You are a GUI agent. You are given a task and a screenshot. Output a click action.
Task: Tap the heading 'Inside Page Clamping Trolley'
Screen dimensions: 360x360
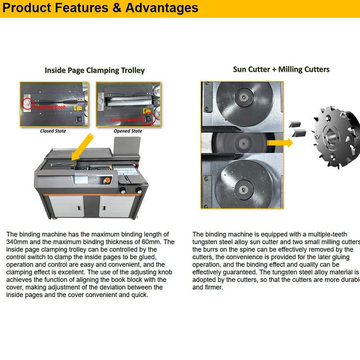point(95,70)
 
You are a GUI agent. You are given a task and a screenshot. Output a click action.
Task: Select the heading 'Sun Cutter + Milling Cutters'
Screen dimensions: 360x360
point(281,69)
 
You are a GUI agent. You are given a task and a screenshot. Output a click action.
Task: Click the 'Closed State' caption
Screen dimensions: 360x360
point(52,131)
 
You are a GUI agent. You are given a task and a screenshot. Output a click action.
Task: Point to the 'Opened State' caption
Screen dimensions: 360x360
point(128,131)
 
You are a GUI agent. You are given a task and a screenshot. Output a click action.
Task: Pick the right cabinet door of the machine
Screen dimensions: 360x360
point(117,206)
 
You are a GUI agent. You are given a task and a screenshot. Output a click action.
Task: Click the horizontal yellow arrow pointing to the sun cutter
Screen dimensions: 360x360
point(279,142)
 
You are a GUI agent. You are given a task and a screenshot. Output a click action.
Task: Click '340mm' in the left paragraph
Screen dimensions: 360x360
point(18,242)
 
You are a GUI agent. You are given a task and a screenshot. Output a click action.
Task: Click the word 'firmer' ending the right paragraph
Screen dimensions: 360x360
point(215,287)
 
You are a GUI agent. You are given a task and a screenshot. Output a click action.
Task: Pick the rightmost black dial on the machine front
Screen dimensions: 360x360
point(139,190)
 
